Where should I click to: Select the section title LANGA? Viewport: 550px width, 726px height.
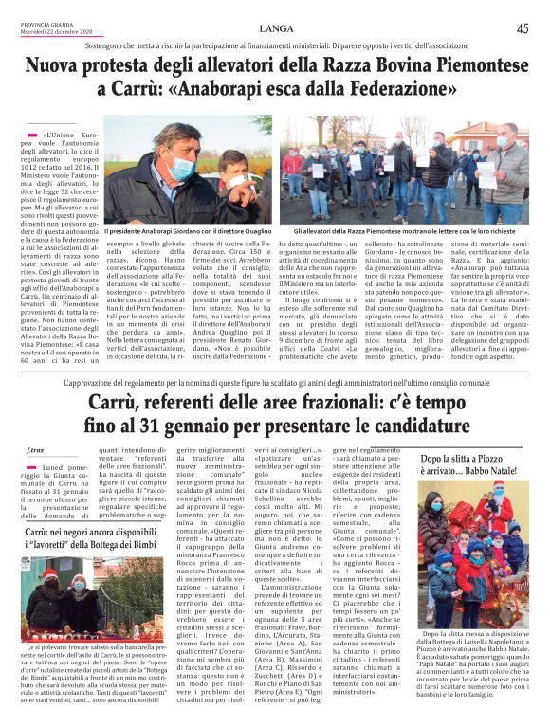(x=275, y=28)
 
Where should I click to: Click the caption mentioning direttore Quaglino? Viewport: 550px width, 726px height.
(x=186, y=230)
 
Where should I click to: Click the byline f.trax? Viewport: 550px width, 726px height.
(x=36, y=448)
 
